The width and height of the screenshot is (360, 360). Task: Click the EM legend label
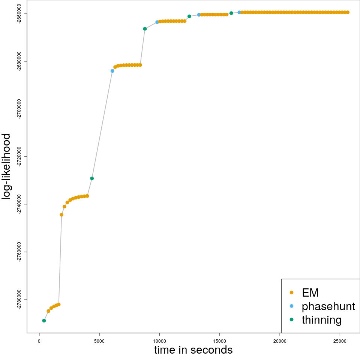pyautogui.click(x=310, y=292)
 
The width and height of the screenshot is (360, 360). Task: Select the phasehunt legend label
pyautogui.click(x=328, y=306)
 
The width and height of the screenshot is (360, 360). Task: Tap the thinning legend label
pyautogui.click(x=321, y=320)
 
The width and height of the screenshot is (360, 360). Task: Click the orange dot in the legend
pyautogui.click(x=291, y=292)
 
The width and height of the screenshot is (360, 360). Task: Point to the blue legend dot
pyautogui.click(x=291, y=306)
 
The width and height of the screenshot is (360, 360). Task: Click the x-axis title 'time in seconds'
pyautogui.click(x=193, y=350)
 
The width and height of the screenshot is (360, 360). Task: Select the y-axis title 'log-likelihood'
pyautogui.click(x=6, y=167)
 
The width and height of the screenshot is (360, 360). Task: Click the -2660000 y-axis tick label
pyautogui.click(x=19, y=14)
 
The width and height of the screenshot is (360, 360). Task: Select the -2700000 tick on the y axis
pyautogui.click(x=19, y=109)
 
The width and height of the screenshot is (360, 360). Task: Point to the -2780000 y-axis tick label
pyautogui.click(x=19, y=300)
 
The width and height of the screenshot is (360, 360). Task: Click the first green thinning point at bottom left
pyautogui.click(x=44, y=321)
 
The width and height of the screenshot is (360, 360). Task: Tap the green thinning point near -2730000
pyautogui.click(x=92, y=178)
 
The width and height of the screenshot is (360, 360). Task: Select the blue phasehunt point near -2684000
pyautogui.click(x=112, y=71)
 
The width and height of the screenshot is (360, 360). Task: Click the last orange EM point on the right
pyautogui.click(x=348, y=12)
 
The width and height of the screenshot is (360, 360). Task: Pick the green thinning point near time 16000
pyautogui.click(x=231, y=13)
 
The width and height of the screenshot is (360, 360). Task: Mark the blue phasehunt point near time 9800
pyautogui.click(x=157, y=22)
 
